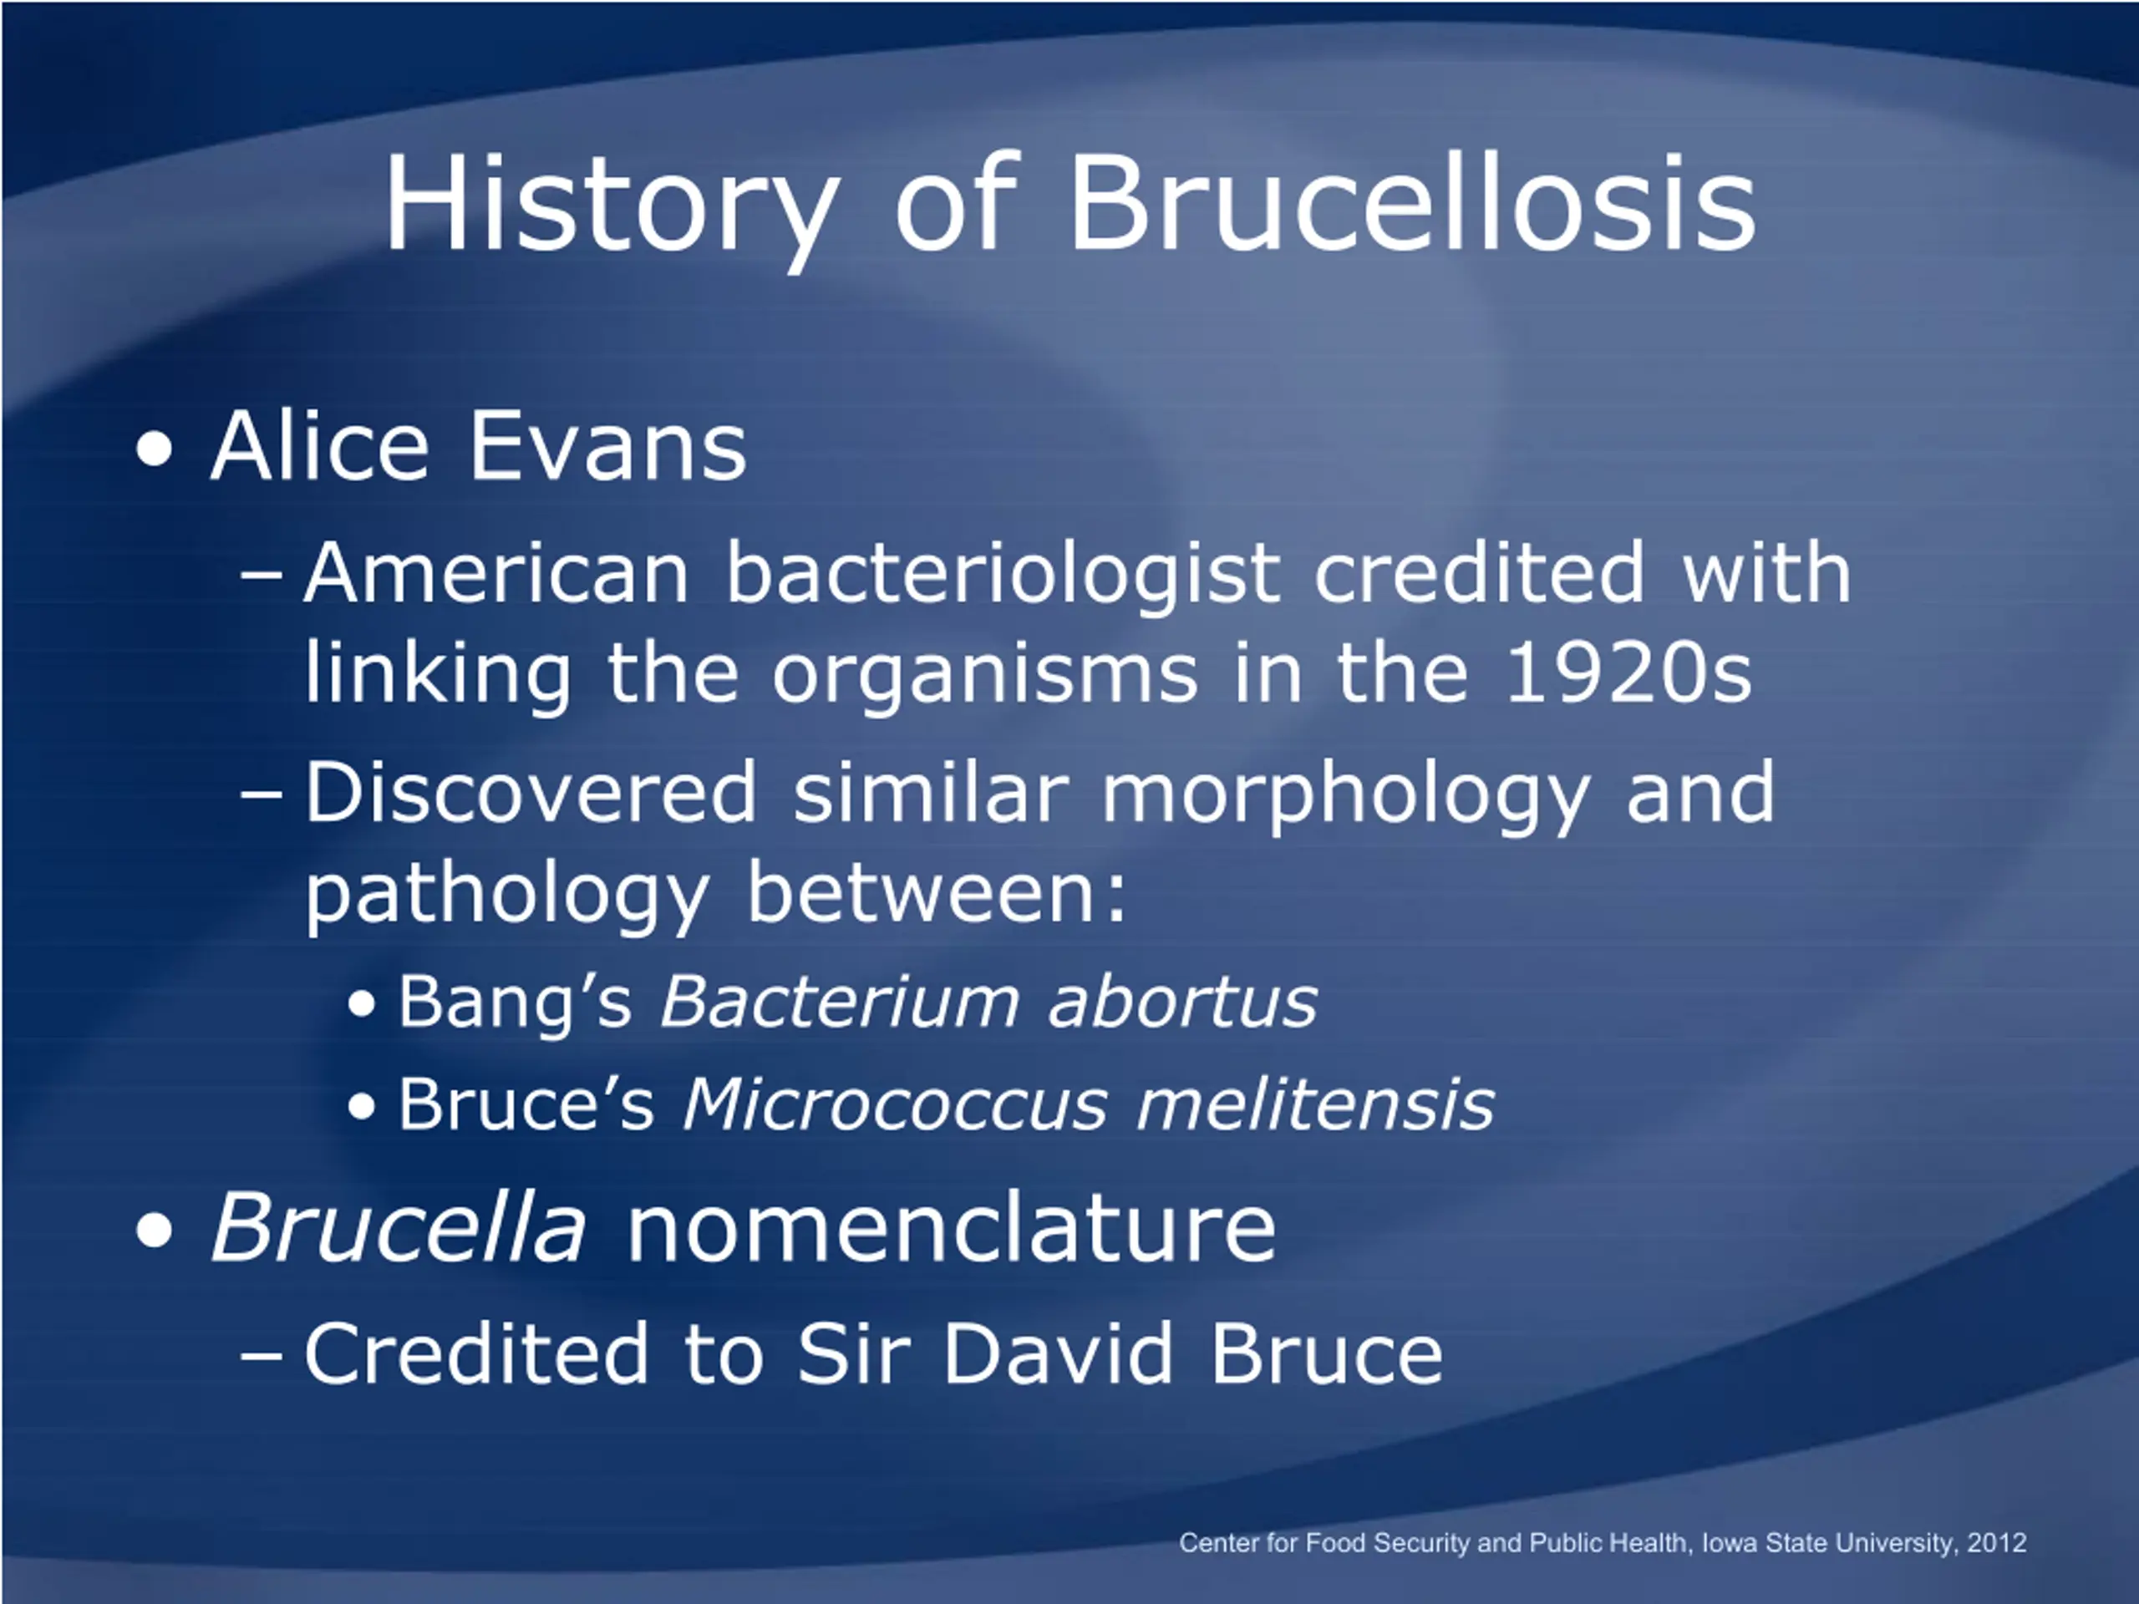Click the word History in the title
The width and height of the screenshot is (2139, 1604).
point(611,208)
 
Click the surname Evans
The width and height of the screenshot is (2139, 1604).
point(608,447)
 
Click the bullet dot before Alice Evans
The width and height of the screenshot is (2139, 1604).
point(155,449)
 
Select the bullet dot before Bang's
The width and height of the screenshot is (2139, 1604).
point(361,1006)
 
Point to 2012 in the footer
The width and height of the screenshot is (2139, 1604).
point(1997,1542)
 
